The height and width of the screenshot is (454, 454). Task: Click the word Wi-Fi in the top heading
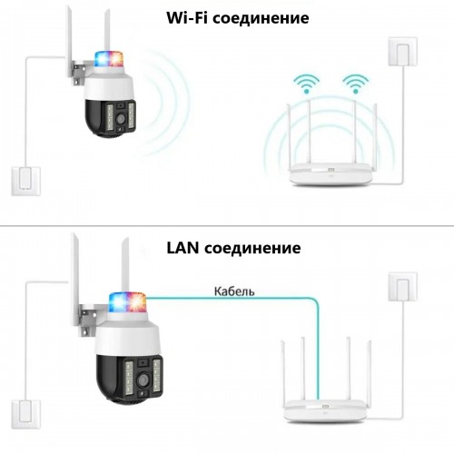[187, 17]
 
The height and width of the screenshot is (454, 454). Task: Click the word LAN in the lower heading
[183, 248]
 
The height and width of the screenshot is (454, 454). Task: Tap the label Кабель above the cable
[234, 291]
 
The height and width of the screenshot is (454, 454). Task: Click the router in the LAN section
[325, 410]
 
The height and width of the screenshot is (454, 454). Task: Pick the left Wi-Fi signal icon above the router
[306, 84]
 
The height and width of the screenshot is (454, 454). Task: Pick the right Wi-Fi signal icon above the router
[356, 84]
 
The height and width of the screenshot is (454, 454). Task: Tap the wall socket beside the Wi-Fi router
[402, 52]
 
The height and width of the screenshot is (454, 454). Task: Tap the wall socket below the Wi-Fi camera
[26, 181]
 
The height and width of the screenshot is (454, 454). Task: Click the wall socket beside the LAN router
[402, 286]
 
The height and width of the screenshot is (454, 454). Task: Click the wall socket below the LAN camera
[26, 414]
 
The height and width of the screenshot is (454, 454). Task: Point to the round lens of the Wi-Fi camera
[121, 119]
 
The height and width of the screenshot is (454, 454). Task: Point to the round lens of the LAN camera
[143, 380]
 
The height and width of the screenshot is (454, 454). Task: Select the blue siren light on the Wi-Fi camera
[101, 59]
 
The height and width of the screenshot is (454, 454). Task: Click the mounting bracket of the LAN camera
[87, 321]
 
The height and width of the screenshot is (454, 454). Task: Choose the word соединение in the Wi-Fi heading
[261, 18]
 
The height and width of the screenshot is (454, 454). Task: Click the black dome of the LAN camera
[129, 379]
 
